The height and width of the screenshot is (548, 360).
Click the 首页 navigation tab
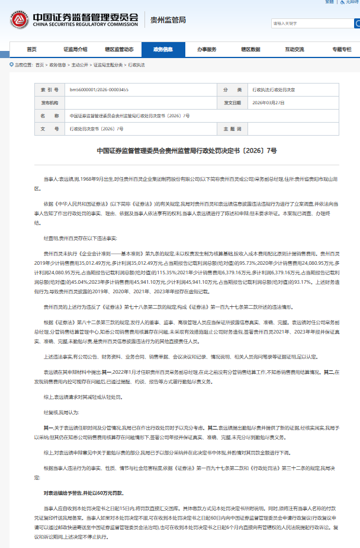[31, 49]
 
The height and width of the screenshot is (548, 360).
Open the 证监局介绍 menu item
[75, 49]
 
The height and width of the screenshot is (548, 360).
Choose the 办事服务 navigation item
[207, 49]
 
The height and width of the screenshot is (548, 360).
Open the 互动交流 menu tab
[294, 49]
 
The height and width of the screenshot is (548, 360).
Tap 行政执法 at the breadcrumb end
[136, 64]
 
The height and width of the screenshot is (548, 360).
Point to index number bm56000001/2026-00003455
[99, 89]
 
